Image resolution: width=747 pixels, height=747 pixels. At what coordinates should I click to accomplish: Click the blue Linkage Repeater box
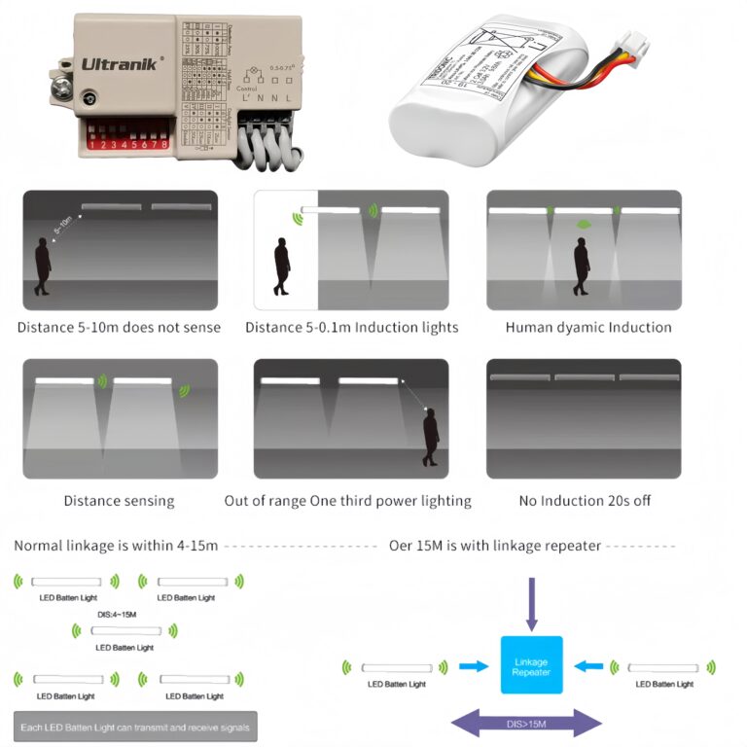click(x=531, y=665)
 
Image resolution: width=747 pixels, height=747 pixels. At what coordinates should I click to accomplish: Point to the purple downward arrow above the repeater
click(x=531, y=602)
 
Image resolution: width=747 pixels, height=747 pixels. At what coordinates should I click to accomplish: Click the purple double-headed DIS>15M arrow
click(x=527, y=723)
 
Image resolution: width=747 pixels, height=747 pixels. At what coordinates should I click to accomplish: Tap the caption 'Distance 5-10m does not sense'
click(x=119, y=328)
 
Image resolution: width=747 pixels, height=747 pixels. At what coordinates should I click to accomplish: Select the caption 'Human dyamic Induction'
click(x=588, y=328)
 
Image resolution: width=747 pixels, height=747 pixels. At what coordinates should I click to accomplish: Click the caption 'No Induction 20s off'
click(x=585, y=501)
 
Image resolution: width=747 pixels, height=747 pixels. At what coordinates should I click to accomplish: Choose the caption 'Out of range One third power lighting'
click(x=347, y=501)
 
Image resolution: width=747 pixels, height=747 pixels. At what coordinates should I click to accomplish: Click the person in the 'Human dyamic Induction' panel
click(x=582, y=266)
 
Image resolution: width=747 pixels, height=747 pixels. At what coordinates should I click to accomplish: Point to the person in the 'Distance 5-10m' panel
click(x=43, y=266)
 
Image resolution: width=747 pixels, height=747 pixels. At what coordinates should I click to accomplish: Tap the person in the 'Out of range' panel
click(x=430, y=439)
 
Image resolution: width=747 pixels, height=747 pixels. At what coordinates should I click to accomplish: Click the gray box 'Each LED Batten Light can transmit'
click(x=135, y=728)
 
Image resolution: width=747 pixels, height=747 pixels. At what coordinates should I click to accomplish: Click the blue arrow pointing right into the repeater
click(x=474, y=667)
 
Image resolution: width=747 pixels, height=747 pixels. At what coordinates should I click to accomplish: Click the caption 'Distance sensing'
click(x=119, y=501)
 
